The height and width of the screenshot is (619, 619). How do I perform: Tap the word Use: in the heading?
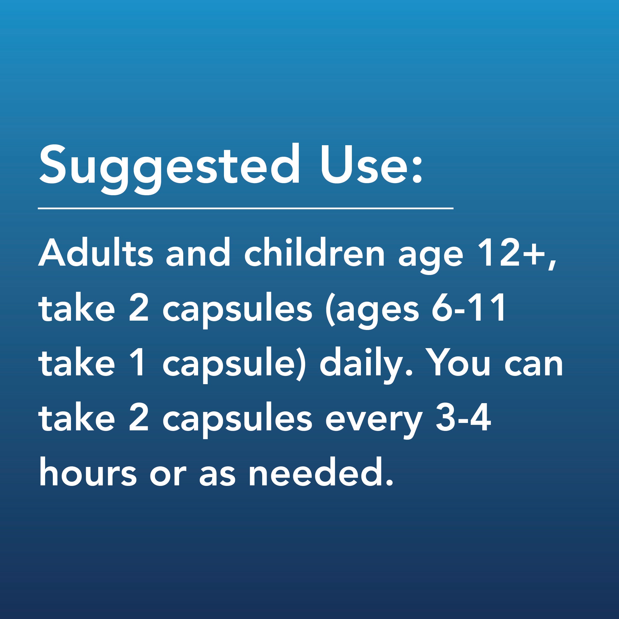(370, 164)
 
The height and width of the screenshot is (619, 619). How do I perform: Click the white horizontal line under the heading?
(246, 208)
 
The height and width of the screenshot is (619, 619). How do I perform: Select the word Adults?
(95, 253)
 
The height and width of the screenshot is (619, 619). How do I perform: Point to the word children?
(314, 253)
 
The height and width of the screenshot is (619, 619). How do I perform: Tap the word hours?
(88, 473)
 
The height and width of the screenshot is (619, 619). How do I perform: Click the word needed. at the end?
(321, 473)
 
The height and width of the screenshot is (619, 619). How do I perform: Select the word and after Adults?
(198, 253)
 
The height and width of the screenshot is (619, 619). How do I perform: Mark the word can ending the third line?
(534, 365)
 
